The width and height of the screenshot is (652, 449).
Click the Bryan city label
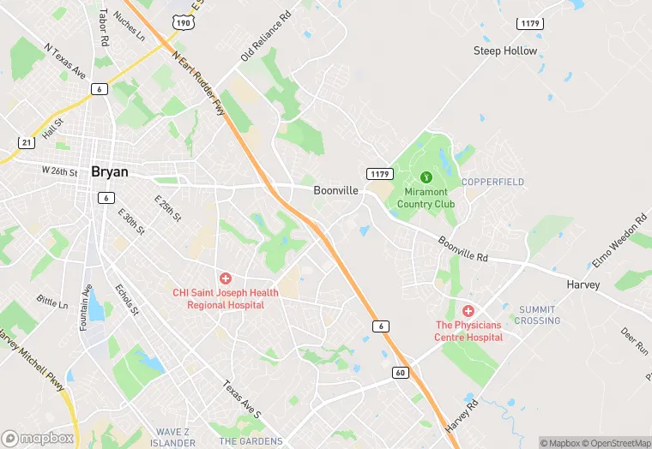(110, 171)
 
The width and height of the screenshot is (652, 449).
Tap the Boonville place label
(335, 190)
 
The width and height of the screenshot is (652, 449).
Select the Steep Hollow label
(505, 51)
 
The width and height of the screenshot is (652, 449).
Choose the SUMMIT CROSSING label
(538, 315)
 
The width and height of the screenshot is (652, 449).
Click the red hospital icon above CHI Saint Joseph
(226, 278)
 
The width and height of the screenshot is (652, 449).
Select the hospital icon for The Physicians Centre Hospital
(468, 311)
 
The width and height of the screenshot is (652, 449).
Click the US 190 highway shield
(182, 23)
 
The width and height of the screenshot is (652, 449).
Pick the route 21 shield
(27, 141)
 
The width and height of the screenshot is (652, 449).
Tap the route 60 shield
(401, 372)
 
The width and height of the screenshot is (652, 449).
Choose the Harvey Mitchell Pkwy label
(33, 362)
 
